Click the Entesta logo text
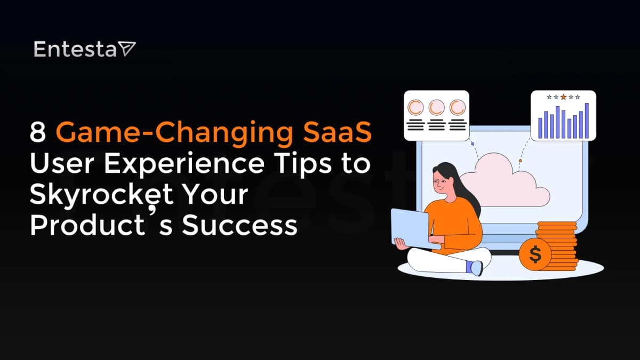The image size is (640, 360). click(x=74, y=49)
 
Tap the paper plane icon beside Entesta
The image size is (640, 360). click(x=127, y=49)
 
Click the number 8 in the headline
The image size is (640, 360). click(x=38, y=133)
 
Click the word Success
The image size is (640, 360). click(x=239, y=225)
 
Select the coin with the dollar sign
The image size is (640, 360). click(x=535, y=255)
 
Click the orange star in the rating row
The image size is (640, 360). click(x=563, y=97)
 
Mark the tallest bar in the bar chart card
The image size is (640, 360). click(x=587, y=121)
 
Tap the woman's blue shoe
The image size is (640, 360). click(x=475, y=268)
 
